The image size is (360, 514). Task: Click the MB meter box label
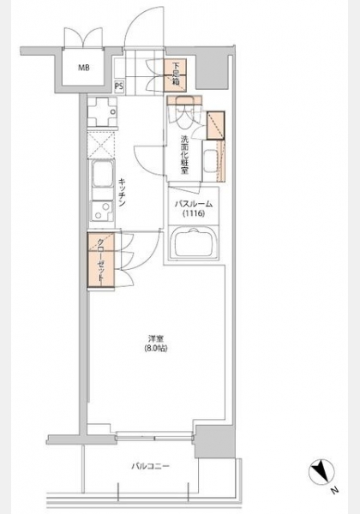[x=84, y=69]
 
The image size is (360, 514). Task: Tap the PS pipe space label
[x=119, y=87]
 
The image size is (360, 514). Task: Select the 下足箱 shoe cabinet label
[x=176, y=74]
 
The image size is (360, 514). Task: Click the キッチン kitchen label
[x=122, y=193]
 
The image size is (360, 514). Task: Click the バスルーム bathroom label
[x=194, y=204]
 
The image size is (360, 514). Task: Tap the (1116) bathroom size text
[x=194, y=213]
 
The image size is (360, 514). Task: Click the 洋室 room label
[x=156, y=338]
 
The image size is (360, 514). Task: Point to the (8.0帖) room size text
[x=156, y=349]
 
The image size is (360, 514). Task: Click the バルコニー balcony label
[x=151, y=466]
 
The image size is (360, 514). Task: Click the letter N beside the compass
[x=333, y=491]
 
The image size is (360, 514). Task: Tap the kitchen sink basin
[x=103, y=174]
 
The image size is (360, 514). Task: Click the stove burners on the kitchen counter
[x=103, y=112]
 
